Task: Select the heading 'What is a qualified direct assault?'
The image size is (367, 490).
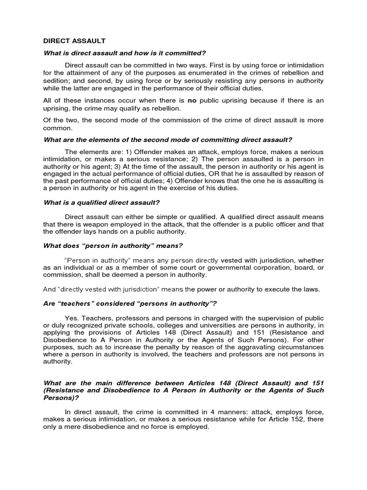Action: coord(101,202)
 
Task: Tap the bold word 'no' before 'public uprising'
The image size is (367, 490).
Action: coord(192,100)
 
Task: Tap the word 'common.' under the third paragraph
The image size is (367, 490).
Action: coord(58,128)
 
